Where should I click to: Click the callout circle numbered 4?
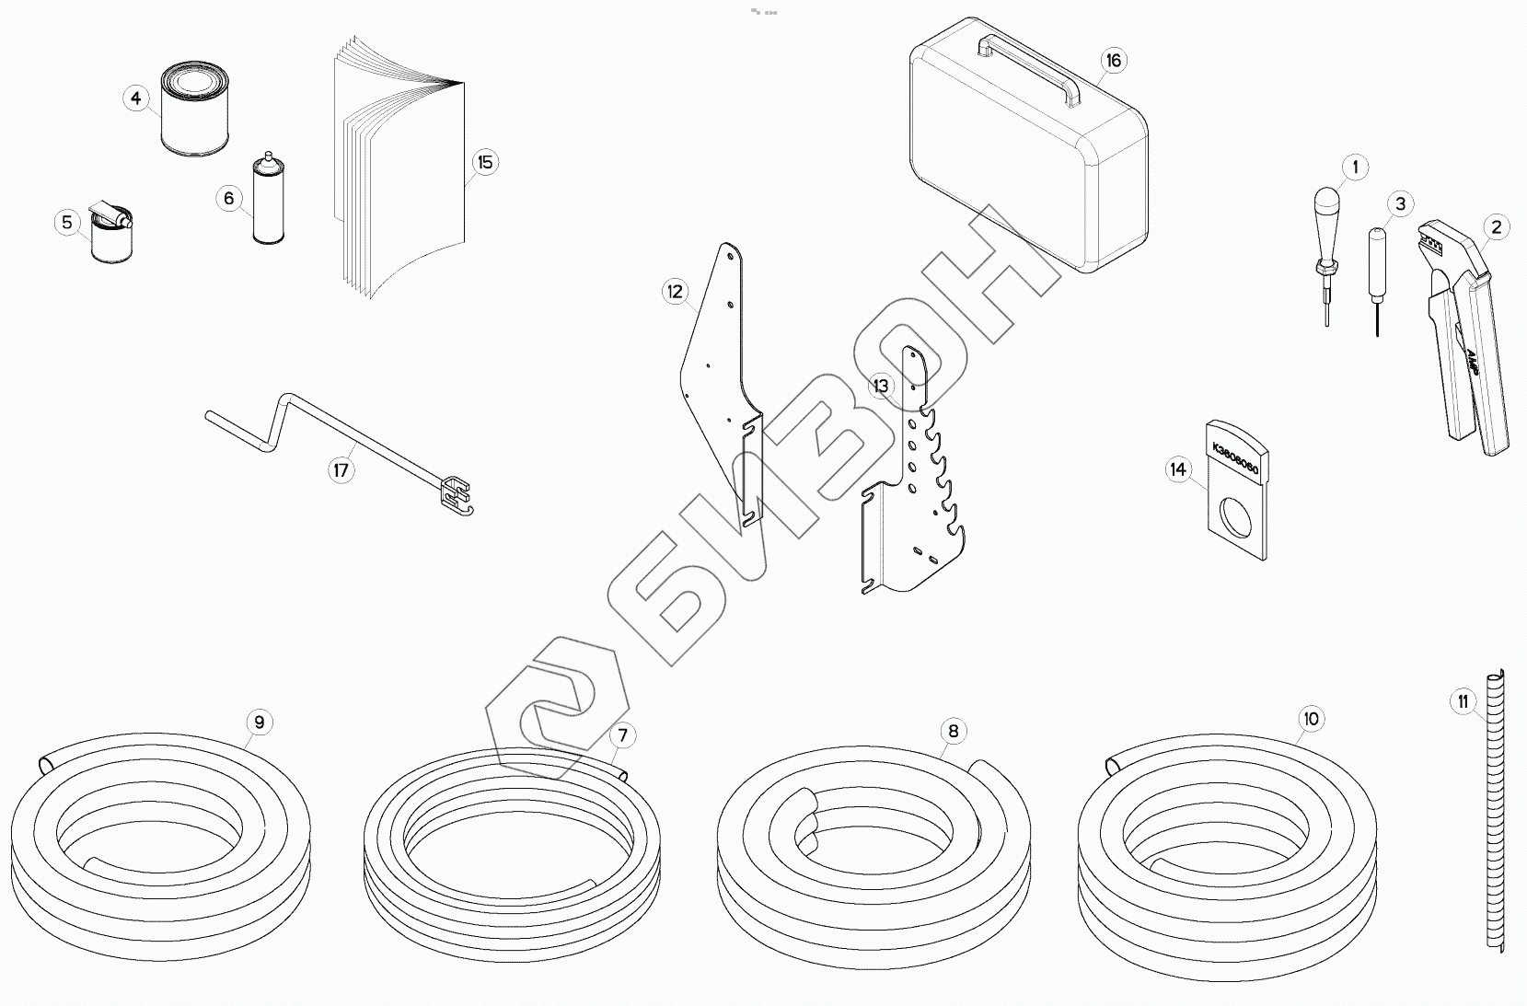click(136, 98)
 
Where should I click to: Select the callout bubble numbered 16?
click(1114, 61)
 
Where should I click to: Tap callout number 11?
click(1463, 702)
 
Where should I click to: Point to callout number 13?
click(882, 386)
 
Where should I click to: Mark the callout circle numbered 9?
click(259, 723)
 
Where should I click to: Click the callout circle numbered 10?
click(1311, 719)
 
